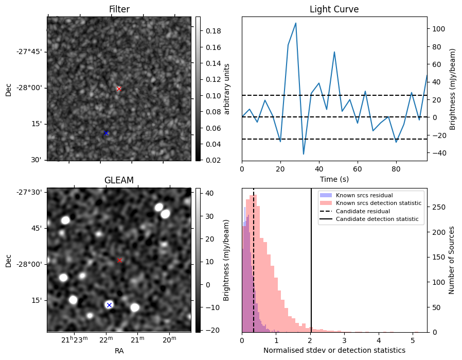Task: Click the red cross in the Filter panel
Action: [119, 89]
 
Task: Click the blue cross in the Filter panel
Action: [106, 133]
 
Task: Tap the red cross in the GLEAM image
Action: [119, 260]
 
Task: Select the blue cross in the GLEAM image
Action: [109, 305]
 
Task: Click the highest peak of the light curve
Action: [295, 23]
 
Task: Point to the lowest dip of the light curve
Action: [304, 154]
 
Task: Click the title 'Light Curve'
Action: [334, 9]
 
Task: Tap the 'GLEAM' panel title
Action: [119, 180]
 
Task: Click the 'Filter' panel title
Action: [119, 9]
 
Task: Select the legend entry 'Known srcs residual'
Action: [364, 195]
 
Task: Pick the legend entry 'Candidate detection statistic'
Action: [377, 219]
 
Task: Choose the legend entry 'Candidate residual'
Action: [363, 211]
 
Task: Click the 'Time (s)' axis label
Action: [334, 179]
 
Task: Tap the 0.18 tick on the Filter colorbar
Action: [213, 31]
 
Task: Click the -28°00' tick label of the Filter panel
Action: [31, 88]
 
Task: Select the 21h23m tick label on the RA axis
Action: [74, 340]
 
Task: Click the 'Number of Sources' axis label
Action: [451, 261]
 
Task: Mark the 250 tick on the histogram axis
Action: [438, 207]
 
